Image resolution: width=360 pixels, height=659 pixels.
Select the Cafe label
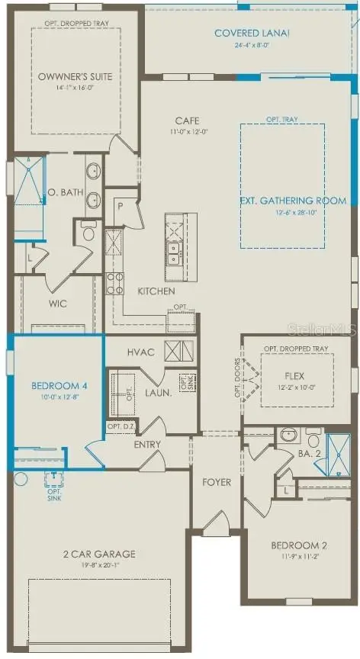coord(187,121)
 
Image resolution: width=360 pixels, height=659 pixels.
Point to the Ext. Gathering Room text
coord(293,201)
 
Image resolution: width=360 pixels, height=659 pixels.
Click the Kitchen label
coord(156,291)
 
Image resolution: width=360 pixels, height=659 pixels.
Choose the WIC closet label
coord(58,304)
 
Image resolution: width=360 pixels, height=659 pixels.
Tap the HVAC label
coord(141,352)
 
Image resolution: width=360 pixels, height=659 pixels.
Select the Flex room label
coord(294,375)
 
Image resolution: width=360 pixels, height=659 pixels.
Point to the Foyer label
coord(217,482)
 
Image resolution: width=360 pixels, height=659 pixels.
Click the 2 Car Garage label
coord(101,554)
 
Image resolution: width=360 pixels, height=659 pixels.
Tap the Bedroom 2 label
coord(299,545)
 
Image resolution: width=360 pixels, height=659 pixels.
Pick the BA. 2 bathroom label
coord(308,453)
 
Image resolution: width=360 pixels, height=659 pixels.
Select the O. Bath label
coord(65,192)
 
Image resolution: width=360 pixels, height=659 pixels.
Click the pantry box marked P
coord(120,205)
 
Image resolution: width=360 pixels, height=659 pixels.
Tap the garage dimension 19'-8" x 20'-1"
coord(101,566)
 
